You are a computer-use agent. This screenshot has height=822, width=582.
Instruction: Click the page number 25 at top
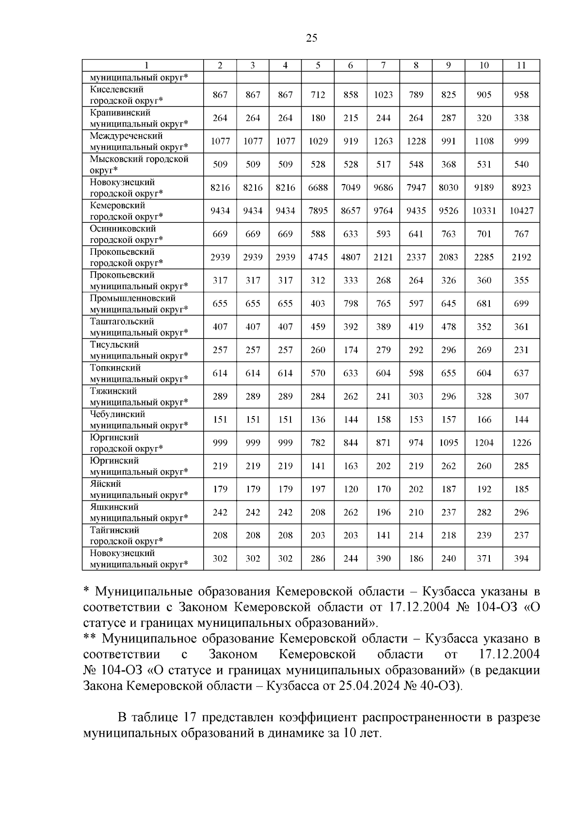click(312, 38)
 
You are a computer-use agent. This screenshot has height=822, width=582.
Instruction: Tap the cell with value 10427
click(521, 211)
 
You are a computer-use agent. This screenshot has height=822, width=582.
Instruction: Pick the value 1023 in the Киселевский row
click(383, 95)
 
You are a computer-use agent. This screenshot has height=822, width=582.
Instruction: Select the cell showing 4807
click(350, 257)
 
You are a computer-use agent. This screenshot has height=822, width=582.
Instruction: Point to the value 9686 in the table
click(383, 188)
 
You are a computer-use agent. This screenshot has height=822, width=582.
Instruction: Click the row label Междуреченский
click(126, 136)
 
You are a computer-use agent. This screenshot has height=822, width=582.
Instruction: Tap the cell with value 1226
click(521, 443)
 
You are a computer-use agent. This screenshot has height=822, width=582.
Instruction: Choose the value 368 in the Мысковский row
click(448, 165)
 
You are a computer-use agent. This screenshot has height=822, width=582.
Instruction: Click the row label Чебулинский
click(117, 415)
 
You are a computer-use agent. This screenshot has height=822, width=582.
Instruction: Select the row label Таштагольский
click(122, 322)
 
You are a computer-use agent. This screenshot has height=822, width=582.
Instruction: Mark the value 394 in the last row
click(521, 559)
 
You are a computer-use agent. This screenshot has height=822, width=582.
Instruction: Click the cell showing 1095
click(448, 443)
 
